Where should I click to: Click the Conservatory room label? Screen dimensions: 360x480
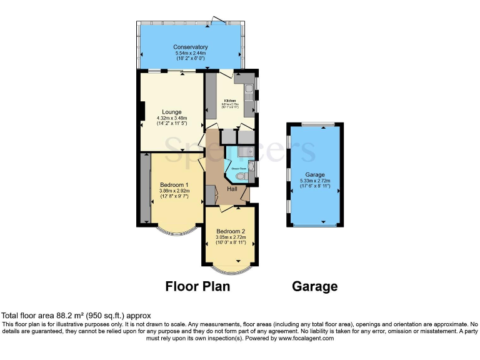191,47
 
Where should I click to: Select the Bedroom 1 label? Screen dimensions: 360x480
174,184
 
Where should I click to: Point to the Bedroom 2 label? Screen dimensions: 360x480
231,231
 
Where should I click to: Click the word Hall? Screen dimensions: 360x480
232,188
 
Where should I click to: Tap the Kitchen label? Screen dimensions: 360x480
230,100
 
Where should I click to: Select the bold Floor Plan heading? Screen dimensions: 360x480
197,286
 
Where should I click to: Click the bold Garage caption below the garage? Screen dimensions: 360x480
315,286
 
